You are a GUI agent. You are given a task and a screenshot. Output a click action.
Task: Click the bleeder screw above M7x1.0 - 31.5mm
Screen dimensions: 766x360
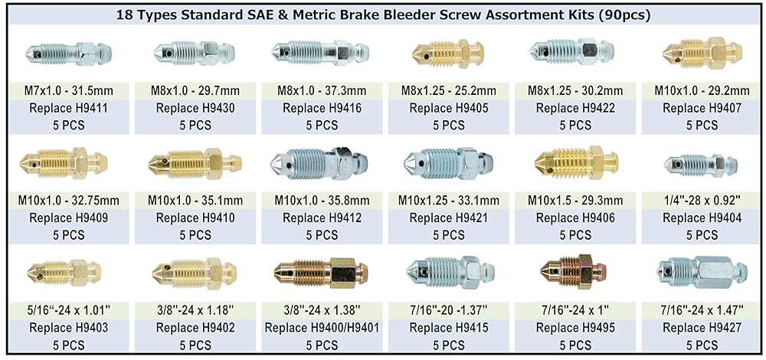point(68,51)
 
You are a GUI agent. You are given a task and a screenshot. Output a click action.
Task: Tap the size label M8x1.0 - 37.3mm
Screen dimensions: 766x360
point(322,90)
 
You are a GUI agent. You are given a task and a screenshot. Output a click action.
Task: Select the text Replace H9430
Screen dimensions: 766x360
point(195,108)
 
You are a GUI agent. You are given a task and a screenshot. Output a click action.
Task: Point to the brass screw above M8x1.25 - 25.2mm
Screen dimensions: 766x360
point(448,52)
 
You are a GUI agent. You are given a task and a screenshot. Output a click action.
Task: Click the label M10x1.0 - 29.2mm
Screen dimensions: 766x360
point(702,90)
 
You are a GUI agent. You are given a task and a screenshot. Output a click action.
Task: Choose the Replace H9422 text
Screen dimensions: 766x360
point(575,108)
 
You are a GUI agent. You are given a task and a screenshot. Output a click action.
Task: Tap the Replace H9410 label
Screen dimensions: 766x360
point(195,218)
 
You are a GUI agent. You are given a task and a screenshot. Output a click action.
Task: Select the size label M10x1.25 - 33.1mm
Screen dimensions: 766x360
point(448,200)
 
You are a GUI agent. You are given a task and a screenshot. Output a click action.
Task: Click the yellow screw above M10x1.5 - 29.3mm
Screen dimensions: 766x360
point(577,162)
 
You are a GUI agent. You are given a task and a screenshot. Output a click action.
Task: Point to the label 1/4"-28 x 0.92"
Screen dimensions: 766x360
point(702,200)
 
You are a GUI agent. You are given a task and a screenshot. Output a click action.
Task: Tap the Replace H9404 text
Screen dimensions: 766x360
point(702,218)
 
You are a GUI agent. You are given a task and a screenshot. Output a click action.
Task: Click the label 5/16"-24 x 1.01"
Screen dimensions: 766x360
point(68,310)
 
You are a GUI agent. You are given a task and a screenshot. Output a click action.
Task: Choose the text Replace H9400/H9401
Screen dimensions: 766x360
point(322,328)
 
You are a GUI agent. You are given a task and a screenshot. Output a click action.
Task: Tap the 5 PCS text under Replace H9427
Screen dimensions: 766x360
point(702,345)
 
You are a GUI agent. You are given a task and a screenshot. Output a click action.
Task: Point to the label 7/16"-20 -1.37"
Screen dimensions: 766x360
point(448,310)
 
